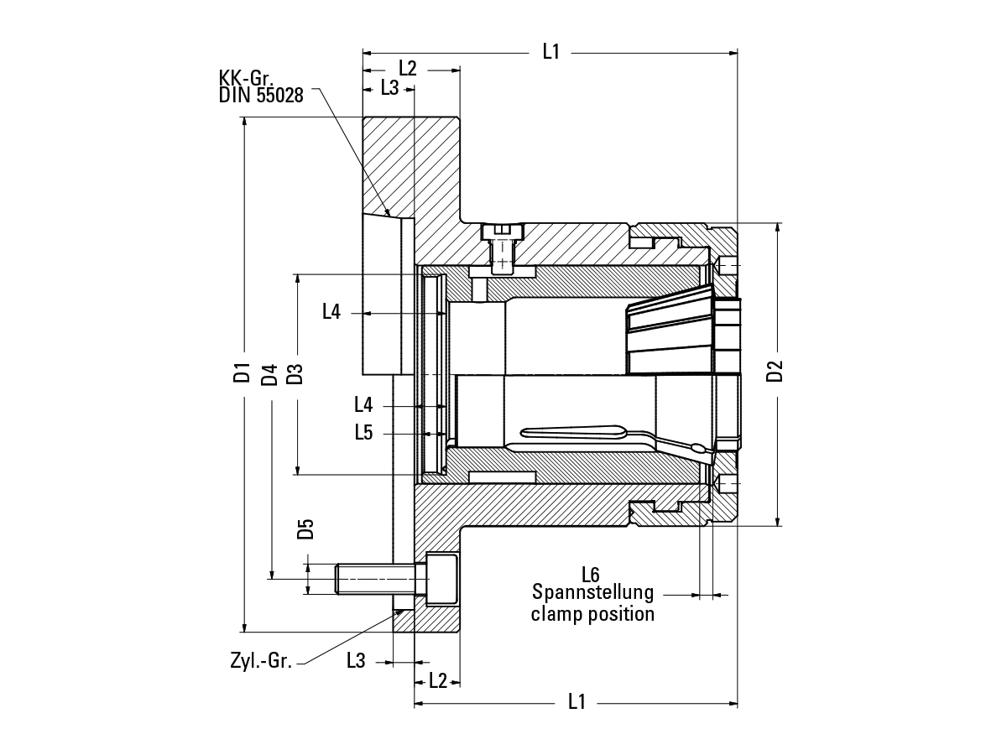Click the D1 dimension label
243,372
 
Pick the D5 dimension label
305,529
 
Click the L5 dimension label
363,433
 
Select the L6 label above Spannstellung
591,575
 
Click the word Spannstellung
592,593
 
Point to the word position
623,614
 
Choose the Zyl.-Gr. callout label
261,660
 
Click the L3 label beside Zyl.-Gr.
356,660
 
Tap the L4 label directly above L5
363,406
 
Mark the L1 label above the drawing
550,52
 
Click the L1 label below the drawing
577,702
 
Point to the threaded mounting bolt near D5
378,577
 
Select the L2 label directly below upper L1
408,69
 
